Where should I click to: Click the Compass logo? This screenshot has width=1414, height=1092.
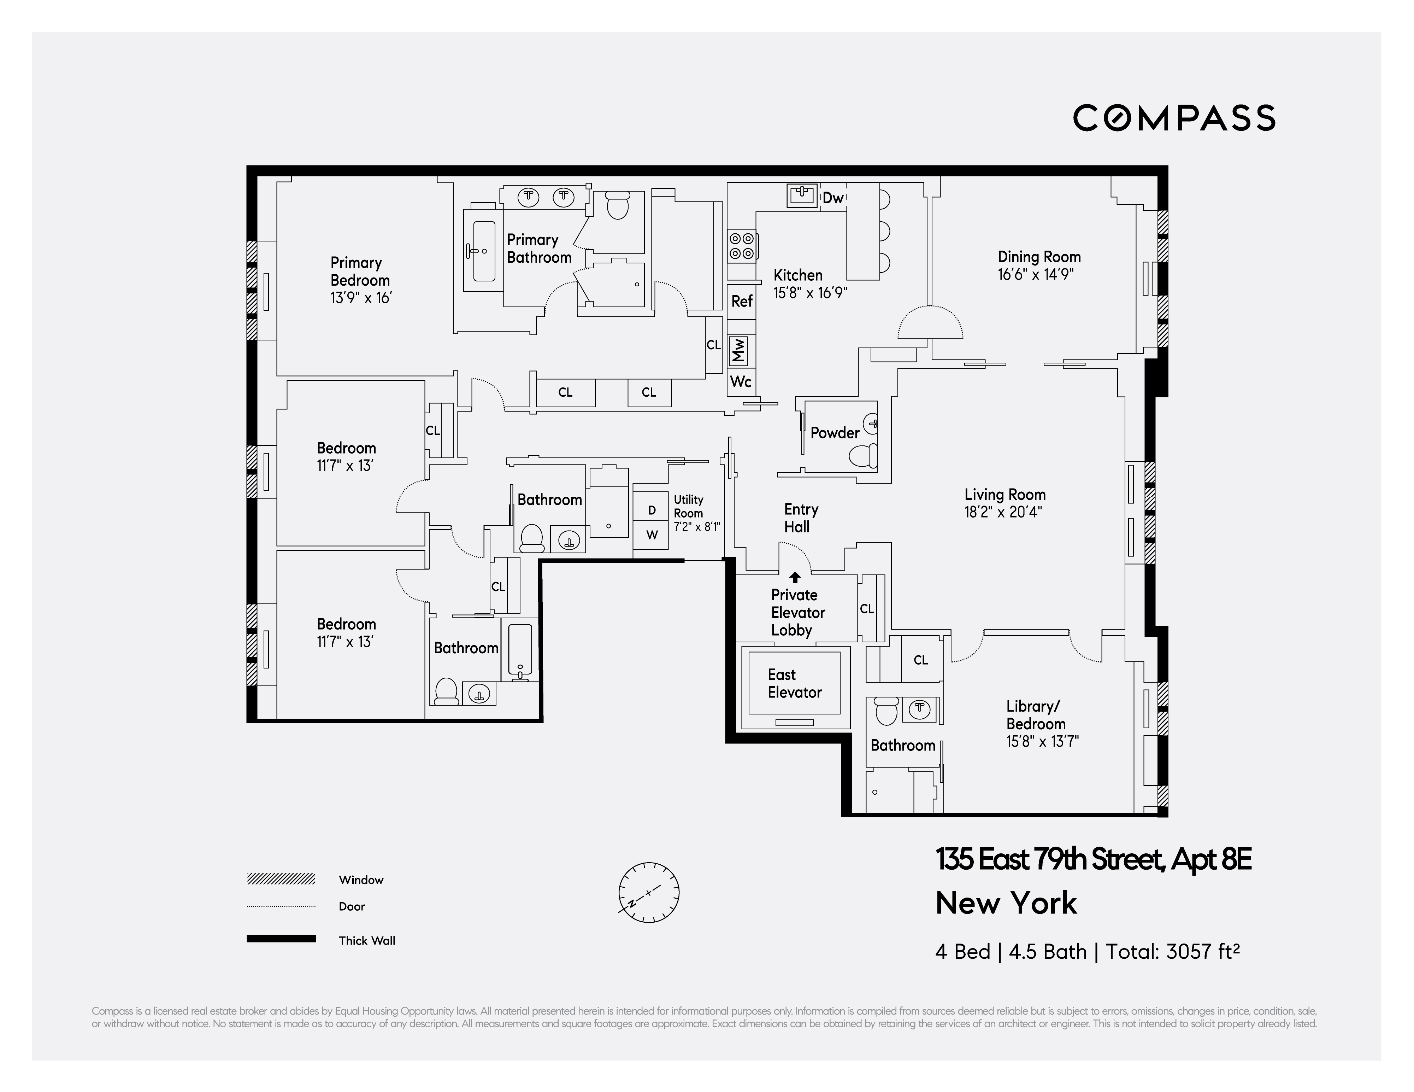coord(1174,118)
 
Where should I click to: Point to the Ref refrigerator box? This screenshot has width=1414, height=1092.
coord(741,301)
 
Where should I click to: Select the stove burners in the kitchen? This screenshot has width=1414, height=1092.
coord(741,246)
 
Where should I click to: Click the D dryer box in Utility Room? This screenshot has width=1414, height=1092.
coord(651,510)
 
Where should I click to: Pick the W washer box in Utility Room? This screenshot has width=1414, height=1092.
coord(651,535)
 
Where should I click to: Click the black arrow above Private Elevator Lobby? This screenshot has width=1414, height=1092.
coord(795,577)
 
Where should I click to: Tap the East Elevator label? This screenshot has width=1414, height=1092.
coord(794,683)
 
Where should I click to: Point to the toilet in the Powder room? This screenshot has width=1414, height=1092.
coord(862,456)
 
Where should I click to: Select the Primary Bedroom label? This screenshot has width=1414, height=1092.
coord(360,271)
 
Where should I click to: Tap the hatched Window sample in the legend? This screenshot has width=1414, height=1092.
coord(281,879)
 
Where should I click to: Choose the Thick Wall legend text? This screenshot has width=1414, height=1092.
coord(366,940)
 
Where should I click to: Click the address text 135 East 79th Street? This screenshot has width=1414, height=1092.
coord(1049,859)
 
